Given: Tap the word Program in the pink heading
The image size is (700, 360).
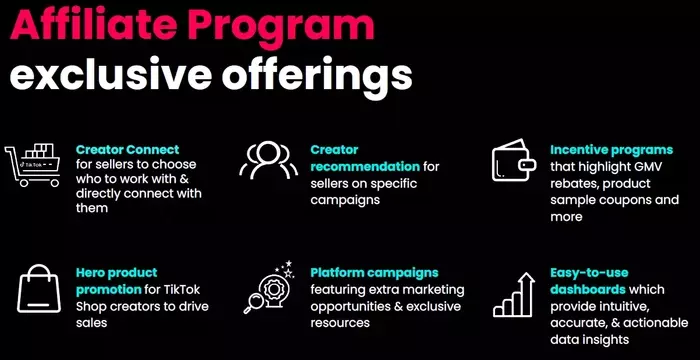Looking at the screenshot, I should tap(277, 25).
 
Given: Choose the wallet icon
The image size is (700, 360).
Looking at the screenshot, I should tap(514, 160).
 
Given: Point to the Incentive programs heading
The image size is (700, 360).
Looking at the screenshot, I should tap(611, 149).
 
